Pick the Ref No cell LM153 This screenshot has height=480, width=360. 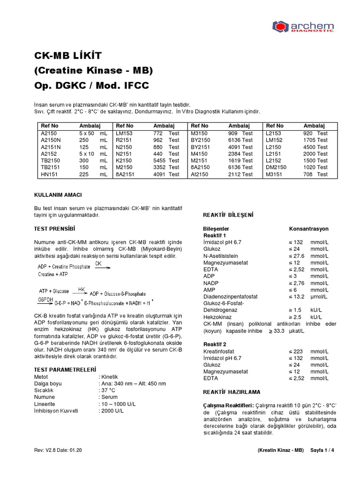pos(124,133)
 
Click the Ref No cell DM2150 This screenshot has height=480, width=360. pos(277,167)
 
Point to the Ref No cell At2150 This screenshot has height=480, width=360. pos(200,174)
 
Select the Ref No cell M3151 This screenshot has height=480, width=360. pos(274,174)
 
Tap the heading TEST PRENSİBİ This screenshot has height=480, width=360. pos(55,229)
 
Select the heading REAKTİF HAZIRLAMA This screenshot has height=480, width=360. pos(231,391)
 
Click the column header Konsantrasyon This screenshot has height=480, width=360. pos(309,229)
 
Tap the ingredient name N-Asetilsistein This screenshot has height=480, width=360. pos(220,256)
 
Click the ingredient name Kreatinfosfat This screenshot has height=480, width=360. pos(218,351)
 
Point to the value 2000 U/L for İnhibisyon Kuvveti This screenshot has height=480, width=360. pos(111,411)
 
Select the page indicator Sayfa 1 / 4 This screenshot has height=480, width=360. pos(322,450)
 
